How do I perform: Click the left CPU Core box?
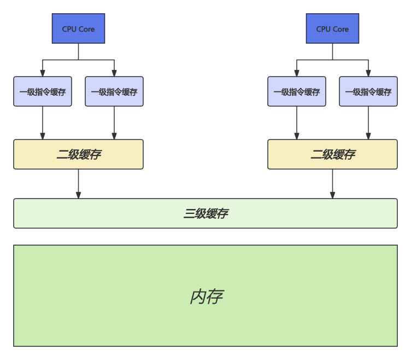(78, 29)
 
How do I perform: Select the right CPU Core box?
(332, 29)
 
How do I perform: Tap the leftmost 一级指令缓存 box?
(43, 92)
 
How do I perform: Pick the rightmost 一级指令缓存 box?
(368, 92)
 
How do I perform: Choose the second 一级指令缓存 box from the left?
(114, 92)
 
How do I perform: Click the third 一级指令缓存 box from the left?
(297, 92)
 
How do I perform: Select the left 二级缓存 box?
(78, 154)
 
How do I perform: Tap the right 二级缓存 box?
(332, 154)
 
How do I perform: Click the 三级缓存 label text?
(205, 213)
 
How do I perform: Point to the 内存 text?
(205, 297)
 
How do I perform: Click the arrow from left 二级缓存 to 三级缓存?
(78, 184)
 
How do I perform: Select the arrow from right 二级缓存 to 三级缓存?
(332, 184)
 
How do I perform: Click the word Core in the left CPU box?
(86, 29)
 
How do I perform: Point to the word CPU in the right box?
(324, 29)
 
